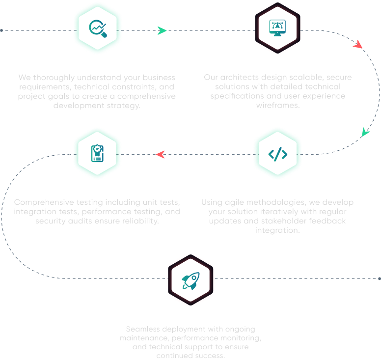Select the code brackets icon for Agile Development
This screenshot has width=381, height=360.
[x=278, y=154]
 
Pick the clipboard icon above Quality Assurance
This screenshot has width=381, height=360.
[x=97, y=154]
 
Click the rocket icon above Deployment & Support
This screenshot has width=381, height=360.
[x=190, y=279]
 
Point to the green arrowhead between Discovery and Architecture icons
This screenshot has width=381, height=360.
[x=162, y=30]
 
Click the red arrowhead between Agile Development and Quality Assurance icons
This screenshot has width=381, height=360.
[x=160, y=155]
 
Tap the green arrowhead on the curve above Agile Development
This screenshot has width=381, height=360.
[x=365, y=132]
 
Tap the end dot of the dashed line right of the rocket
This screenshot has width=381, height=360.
[x=380, y=278]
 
